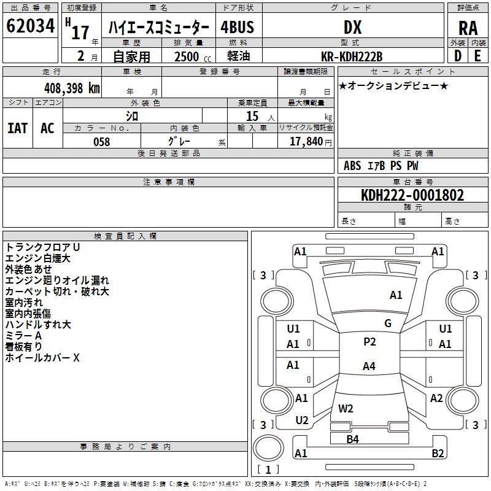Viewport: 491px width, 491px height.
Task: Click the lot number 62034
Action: (30, 26)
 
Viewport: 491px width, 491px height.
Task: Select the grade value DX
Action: (352, 27)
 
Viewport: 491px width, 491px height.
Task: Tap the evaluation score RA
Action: (468, 28)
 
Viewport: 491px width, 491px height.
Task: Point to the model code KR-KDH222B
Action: (352, 56)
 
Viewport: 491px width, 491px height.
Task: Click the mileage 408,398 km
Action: (72, 88)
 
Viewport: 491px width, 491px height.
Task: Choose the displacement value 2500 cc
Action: (193, 56)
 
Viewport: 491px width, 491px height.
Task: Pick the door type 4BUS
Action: (237, 27)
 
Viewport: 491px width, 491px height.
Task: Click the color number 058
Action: (102, 142)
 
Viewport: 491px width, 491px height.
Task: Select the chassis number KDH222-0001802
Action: (412, 195)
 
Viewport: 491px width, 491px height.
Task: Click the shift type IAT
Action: (18, 128)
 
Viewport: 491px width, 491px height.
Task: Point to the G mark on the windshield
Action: (388, 323)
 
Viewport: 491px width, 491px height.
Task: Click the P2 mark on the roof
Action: (369, 342)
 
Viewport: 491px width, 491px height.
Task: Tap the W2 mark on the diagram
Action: (346, 409)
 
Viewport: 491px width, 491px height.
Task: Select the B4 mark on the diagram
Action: (352, 439)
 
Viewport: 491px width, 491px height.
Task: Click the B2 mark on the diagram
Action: (438, 454)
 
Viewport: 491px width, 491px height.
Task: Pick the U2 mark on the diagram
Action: (302, 420)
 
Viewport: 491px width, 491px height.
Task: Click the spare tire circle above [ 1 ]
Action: (268, 448)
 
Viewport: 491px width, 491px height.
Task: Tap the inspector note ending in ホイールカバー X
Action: (42, 358)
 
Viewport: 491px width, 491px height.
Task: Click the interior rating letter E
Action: (477, 56)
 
